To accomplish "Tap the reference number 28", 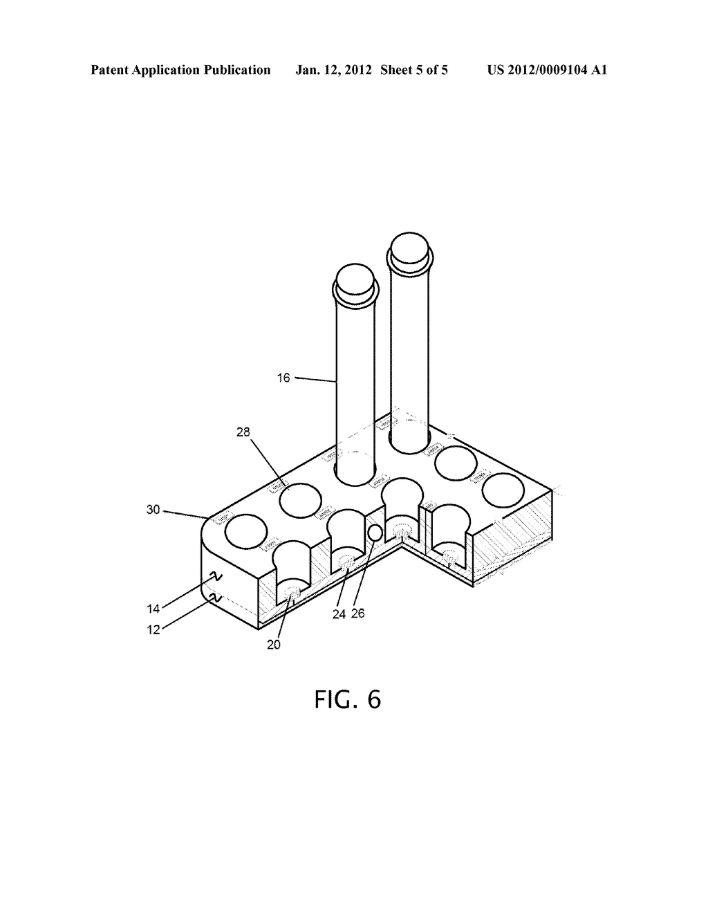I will point(243,432).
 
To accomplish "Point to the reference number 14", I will point(153,608).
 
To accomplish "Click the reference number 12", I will point(153,630).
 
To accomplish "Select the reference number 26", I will point(358,613).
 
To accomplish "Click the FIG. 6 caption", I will point(347,699).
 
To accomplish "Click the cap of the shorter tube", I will point(355,280).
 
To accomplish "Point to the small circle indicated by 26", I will point(374,533).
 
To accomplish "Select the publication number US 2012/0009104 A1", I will point(547,70).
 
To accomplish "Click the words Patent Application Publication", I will point(180,70).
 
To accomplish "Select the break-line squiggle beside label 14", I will point(215,576).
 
